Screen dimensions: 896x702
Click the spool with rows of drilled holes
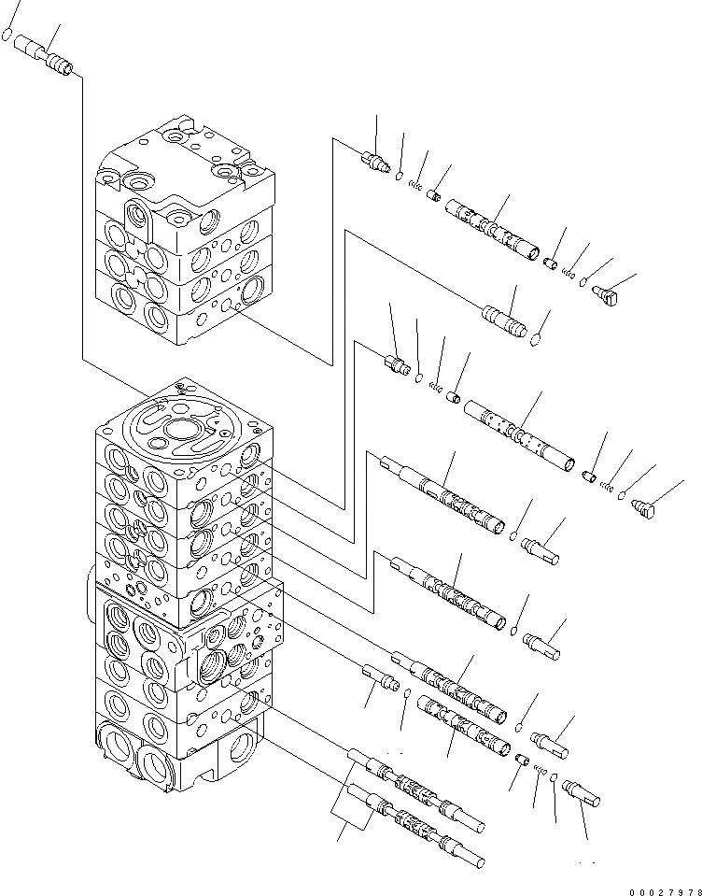(x=518, y=434)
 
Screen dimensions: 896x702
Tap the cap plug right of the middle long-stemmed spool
(x=543, y=643)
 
